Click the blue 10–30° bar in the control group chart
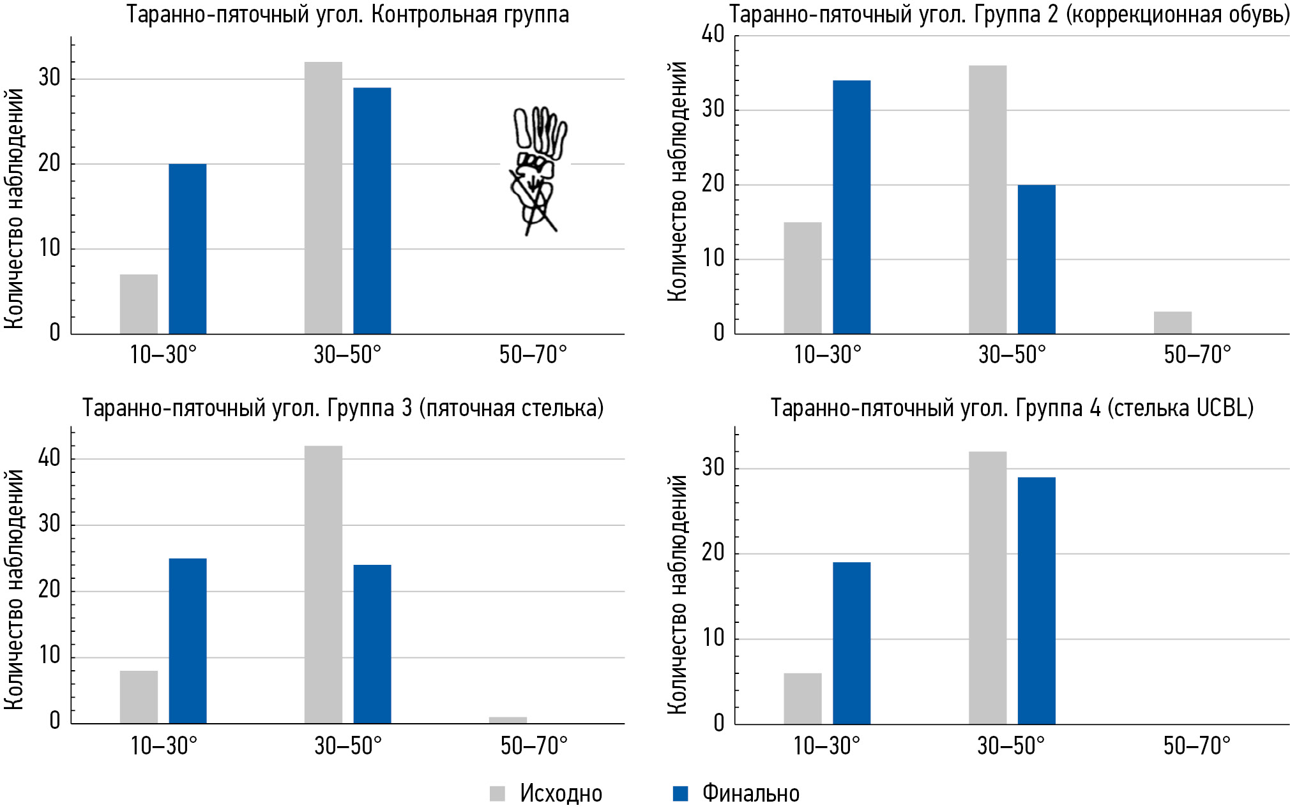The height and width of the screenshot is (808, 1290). click(x=187, y=249)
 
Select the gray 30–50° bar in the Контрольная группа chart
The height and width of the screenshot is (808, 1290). click(x=323, y=198)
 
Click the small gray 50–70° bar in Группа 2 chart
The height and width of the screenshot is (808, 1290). click(x=1172, y=323)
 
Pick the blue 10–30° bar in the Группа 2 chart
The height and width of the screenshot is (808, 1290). click(x=851, y=207)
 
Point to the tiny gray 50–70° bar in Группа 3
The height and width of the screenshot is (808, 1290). click(x=508, y=721)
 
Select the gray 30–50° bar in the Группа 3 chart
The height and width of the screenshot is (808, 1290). click(x=323, y=585)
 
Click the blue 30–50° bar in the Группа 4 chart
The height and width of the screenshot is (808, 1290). click(x=1036, y=601)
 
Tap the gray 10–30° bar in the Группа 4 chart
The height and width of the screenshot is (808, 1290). click(x=803, y=699)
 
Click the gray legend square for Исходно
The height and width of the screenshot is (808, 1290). click(x=497, y=793)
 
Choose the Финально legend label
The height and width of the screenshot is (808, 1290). click(x=750, y=793)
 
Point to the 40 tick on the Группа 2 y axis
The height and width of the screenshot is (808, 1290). click(x=713, y=34)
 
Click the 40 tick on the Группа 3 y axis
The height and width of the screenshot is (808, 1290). click(x=49, y=458)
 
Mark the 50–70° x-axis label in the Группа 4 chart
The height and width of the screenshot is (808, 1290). click(x=1196, y=745)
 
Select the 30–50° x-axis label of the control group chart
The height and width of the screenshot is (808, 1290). click(x=347, y=354)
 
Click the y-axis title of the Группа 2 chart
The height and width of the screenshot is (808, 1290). click(x=677, y=182)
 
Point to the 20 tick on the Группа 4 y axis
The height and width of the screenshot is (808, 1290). click(x=713, y=553)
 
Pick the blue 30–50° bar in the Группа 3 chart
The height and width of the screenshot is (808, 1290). click(x=372, y=644)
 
